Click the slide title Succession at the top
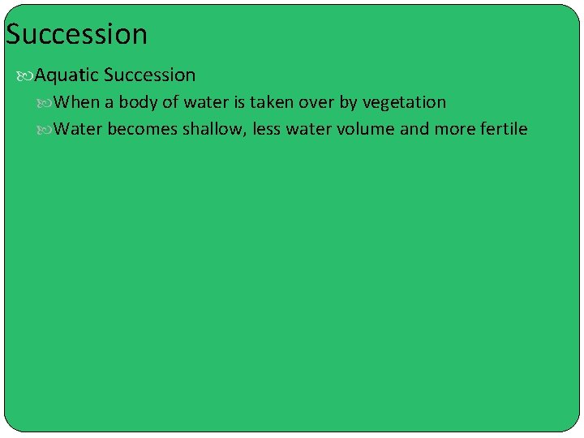coord(76,35)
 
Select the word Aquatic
coord(67,75)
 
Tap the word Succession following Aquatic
coord(150,75)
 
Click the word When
coord(77,102)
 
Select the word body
coord(137,102)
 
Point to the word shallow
coord(215,129)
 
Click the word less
coord(267,129)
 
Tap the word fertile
coord(502,129)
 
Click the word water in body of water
coord(206,102)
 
